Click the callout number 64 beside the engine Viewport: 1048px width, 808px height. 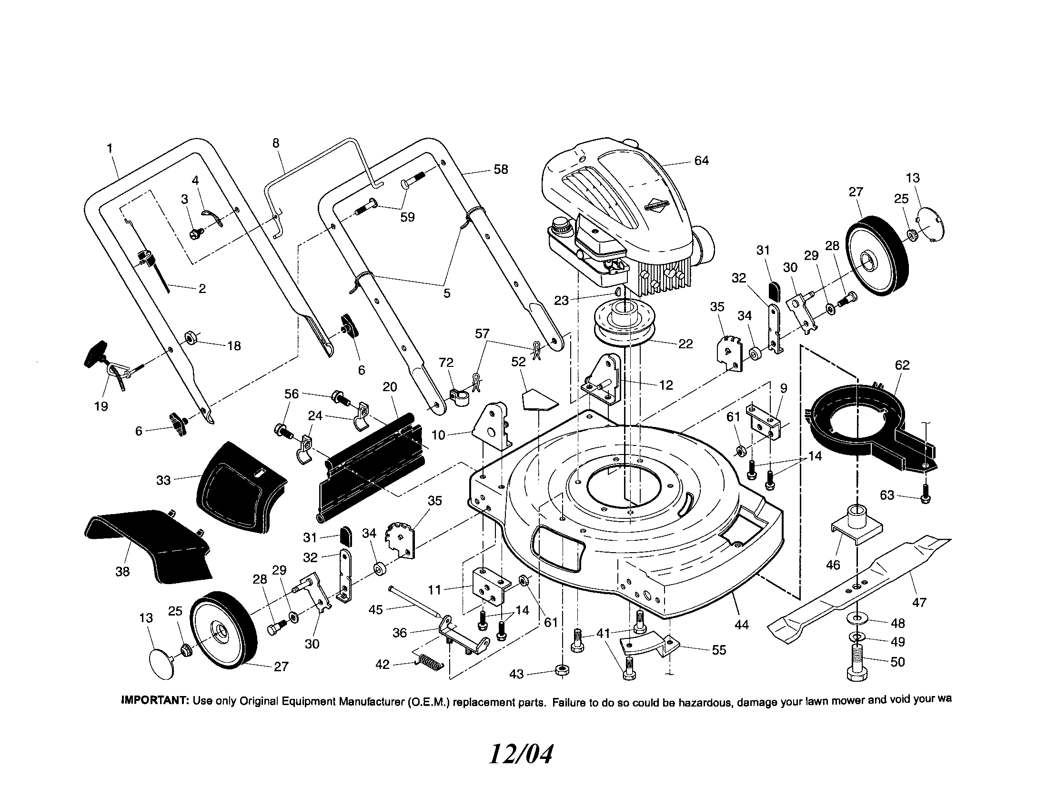point(701,161)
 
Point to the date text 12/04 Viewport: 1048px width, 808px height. point(520,755)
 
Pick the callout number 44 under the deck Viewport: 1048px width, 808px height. point(741,625)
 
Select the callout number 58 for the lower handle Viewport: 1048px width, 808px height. point(501,170)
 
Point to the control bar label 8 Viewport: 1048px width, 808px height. point(275,143)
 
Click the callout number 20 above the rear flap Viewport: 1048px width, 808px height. point(390,387)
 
